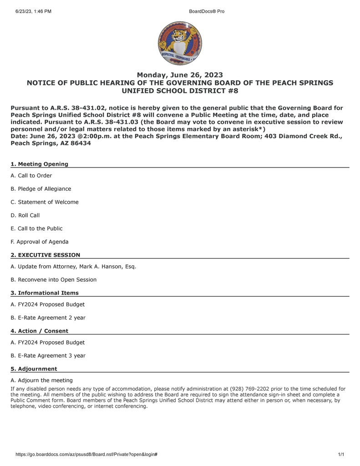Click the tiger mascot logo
coord(180,43)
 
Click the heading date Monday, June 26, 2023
coord(180,75)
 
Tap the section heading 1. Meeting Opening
coord(40,164)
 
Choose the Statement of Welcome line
coord(45,202)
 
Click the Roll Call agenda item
coord(25,215)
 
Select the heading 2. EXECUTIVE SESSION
coord(46,255)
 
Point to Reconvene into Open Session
coord(54,280)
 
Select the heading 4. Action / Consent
coord(40,331)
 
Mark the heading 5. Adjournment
coord(34,369)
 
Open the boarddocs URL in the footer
coord(86,455)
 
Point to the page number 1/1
coord(341,455)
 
